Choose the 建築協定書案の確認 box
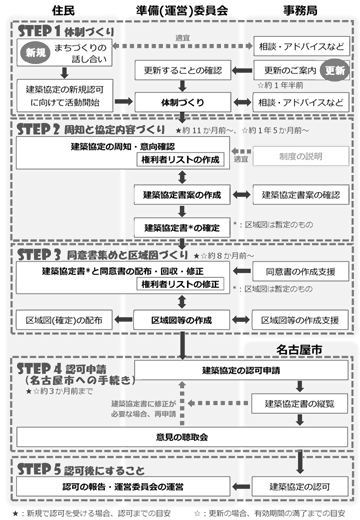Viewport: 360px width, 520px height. click(x=301, y=192)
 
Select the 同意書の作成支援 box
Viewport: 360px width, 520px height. click(x=300, y=271)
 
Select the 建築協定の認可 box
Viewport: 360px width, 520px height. click(x=301, y=485)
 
